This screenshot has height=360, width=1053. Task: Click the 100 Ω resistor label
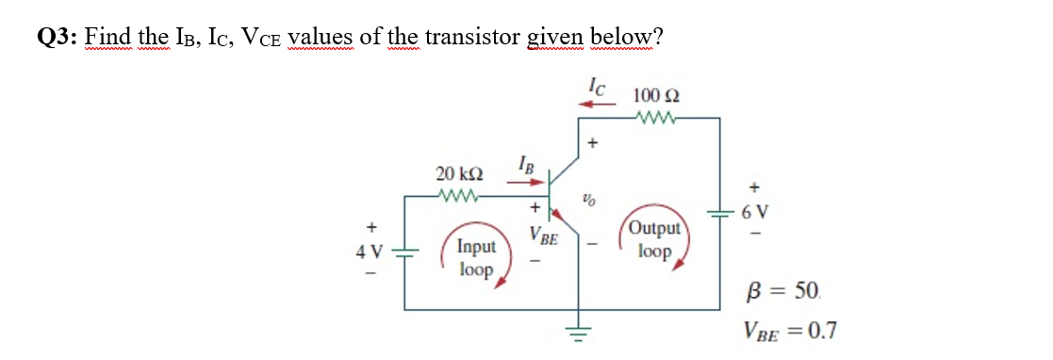656,95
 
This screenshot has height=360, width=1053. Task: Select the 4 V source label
369,253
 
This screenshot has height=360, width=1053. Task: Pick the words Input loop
476,258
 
